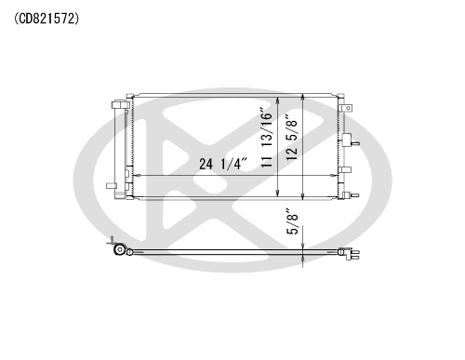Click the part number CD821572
click(46, 19)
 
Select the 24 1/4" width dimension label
click(223, 164)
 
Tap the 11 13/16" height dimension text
click(266, 138)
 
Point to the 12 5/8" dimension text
click(291, 138)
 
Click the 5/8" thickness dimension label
click(292, 220)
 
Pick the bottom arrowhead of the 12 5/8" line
click(303, 194)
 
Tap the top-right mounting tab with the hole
click(346, 108)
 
